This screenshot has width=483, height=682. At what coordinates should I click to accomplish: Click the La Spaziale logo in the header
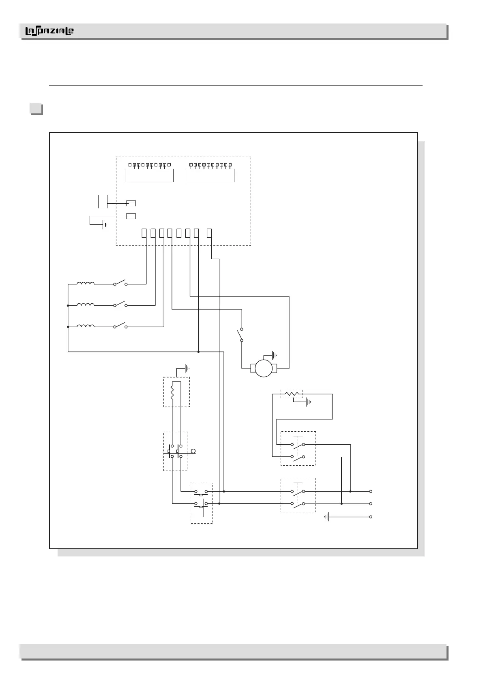coord(49,31)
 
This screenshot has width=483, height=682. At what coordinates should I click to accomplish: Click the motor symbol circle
coord(264,369)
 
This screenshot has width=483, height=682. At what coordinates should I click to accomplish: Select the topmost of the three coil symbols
coord(86,284)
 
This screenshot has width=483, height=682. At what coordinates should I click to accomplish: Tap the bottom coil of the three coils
coord(86,326)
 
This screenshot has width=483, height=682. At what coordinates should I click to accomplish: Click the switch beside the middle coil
coord(120,305)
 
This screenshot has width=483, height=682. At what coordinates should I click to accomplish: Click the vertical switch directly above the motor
coord(241,335)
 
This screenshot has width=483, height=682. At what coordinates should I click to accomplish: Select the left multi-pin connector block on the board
coord(149,175)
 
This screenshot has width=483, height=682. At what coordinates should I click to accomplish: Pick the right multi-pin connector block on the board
coord(210,175)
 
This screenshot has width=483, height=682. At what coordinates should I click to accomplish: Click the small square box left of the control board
coord(103,201)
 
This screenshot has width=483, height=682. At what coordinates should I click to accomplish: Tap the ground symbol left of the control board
coord(105,224)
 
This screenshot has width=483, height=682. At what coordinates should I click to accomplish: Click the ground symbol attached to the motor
coord(275,356)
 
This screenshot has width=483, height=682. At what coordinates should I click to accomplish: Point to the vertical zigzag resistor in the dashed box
coord(172,392)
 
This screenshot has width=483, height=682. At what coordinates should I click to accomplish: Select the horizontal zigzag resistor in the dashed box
coord(292,393)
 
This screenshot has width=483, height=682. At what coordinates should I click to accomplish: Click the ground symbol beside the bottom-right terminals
coord(326,517)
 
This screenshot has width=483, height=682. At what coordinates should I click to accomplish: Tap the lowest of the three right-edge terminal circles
coord(371,517)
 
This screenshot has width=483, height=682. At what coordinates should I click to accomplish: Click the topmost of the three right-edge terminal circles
coord(371,491)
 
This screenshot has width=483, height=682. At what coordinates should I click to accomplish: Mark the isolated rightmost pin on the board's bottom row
coord(209,233)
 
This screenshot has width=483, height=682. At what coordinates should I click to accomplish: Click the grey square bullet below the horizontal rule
coord(36,109)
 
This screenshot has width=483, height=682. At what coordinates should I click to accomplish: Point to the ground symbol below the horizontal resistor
coord(308,403)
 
